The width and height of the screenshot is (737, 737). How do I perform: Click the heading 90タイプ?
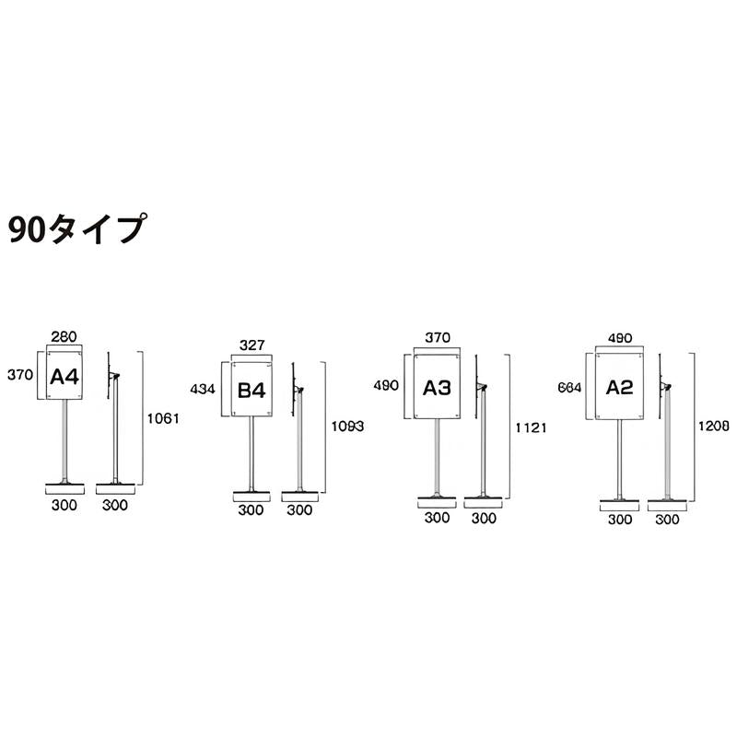77,228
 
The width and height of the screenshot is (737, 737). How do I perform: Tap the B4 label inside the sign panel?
252,391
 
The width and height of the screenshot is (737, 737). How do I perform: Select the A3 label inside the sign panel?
437,388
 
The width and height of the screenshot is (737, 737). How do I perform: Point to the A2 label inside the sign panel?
620,387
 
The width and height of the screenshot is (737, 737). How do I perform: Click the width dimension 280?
64,338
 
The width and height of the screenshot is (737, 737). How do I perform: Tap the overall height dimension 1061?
162,417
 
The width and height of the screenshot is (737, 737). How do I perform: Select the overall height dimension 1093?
347,427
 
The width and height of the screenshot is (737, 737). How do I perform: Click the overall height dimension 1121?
531,427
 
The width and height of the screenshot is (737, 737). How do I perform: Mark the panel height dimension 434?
204,390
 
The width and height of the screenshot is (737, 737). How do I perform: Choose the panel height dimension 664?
569,388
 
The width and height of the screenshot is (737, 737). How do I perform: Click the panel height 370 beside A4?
20,374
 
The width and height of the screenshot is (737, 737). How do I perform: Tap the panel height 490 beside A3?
387,386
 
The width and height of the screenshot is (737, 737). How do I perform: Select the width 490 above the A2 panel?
620,338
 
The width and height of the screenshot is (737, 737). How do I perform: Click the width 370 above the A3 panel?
437,338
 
